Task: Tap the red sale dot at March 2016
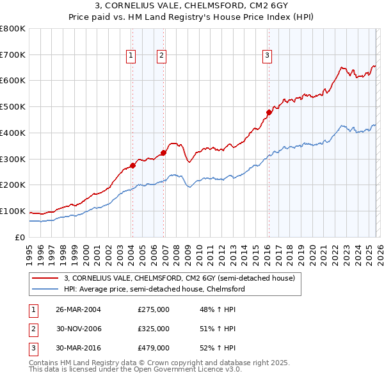[x=269, y=112]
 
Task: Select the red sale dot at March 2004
[x=132, y=165]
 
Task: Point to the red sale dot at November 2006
[x=163, y=152]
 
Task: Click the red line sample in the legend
[x=46, y=279]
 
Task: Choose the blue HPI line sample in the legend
[x=46, y=289]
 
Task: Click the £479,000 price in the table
[x=154, y=348]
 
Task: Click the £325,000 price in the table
[x=154, y=329]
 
